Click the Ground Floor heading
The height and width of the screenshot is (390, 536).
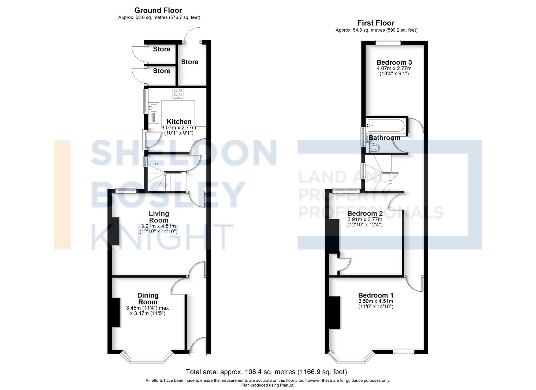tap(158, 10)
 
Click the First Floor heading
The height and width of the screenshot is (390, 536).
tap(376, 23)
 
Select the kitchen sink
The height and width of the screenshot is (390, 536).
tap(154, 107)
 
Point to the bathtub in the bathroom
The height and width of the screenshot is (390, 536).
tap(386, 125)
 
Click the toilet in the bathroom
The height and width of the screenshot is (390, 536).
tap(373, 147)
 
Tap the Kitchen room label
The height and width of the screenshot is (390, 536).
tap(179, 121)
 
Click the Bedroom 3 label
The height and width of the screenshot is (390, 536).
tap(394, 62)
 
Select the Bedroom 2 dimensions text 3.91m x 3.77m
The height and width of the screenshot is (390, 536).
tap(365, 220)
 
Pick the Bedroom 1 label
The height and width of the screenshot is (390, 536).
tap(376, 295)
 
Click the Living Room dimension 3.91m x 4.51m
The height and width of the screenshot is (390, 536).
tap(158, 226)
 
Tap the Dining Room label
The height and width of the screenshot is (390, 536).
tap(148, 299)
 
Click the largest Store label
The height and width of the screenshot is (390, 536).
tap(190, 62)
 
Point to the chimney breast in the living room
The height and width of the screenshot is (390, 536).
tap(115, 231)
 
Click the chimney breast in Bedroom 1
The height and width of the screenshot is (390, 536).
tap(334, 312)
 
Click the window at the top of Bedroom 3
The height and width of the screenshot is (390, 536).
tap(388, 42)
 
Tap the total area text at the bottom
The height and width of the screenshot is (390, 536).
tap(266, 372)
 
